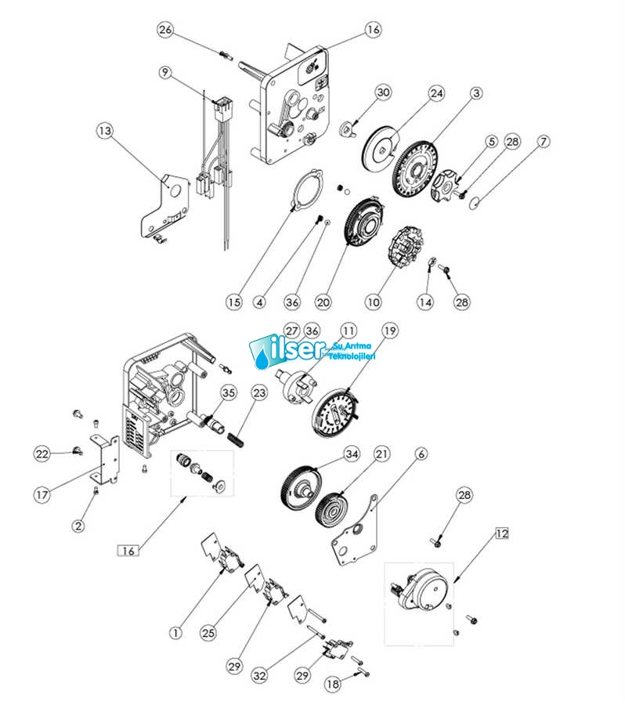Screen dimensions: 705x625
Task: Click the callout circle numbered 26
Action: (165, 31)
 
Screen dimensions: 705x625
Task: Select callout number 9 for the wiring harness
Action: (165, 72)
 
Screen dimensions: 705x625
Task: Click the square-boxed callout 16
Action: (128, 550)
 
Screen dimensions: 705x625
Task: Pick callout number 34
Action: (352, 454)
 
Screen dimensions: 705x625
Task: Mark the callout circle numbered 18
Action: (332, 684)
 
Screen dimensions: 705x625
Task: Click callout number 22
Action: (42, 454)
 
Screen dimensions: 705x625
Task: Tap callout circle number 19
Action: (389, 331)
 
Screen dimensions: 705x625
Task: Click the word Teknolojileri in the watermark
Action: (354, 356)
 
